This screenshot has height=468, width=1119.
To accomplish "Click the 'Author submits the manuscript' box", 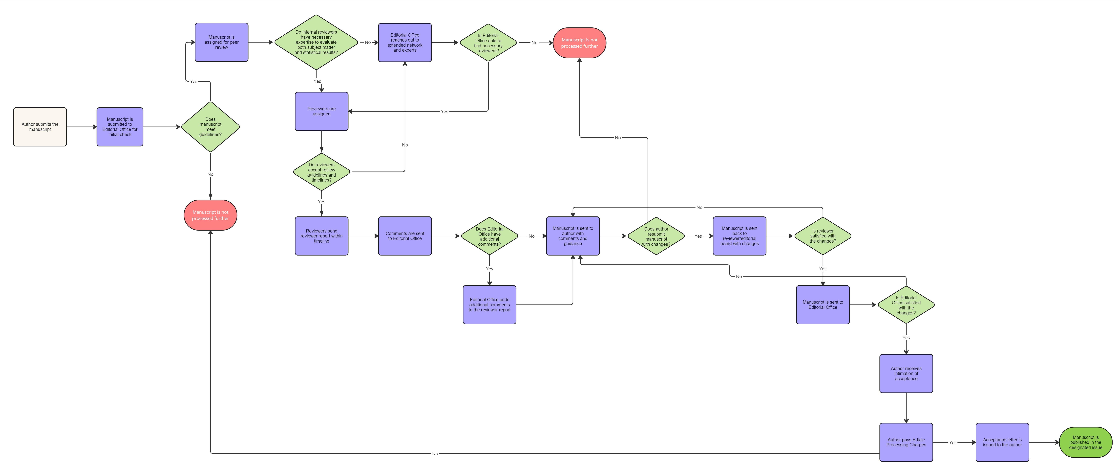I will point(40,127).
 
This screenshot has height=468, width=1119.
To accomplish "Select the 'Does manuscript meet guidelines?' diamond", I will point(210,127).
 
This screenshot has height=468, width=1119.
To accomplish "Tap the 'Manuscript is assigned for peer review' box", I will point(222,42).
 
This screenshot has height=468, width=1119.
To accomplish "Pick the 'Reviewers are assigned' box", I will point(321,111).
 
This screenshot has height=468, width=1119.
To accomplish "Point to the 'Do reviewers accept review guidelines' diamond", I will point(321,172).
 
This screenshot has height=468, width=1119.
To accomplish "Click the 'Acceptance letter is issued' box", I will point(1002,442).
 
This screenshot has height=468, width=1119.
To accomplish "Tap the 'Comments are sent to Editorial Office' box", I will point(405,236).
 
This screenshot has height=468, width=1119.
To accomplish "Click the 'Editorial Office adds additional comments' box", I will point(490,305).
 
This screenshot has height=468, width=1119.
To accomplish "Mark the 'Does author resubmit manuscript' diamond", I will point(656,236).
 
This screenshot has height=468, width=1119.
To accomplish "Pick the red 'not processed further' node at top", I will point(579,43).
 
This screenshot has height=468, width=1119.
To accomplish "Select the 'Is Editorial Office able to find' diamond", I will point(488,43).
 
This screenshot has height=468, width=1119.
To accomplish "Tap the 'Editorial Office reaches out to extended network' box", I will point(405,43).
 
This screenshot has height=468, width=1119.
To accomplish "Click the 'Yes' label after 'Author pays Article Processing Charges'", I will point(953,442).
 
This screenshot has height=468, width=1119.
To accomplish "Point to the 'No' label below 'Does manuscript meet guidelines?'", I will point(210,174).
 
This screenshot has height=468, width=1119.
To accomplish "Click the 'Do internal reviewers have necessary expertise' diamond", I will point(316,42).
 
